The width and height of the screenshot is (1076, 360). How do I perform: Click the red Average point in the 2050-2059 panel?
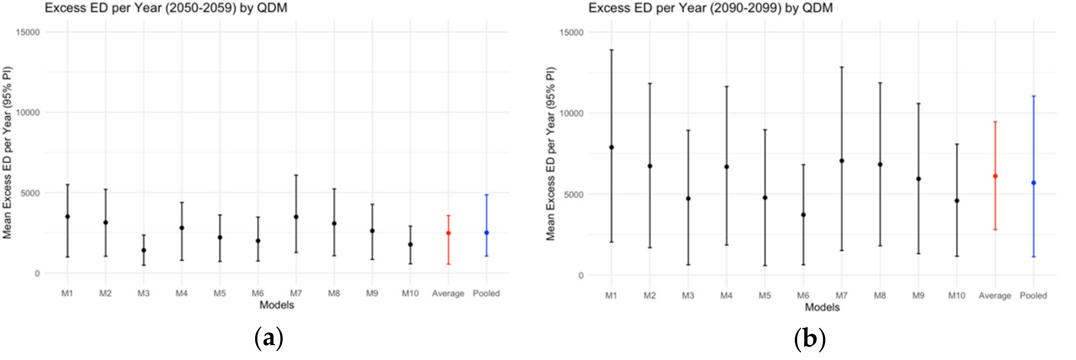click(x=448, y=233)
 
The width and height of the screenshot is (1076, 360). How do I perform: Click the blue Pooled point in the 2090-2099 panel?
click(x=1033, y=183)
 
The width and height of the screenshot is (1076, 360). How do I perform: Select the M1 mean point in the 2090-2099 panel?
click(x=611, y=147)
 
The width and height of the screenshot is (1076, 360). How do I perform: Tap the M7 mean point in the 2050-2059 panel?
click(x=296, y=217)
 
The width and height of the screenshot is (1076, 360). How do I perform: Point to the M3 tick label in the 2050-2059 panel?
click(x=143, y=294)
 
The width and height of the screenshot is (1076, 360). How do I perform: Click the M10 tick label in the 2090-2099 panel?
click(x=956, y=296)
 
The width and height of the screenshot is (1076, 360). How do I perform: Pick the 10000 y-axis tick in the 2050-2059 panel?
click(x=28, y=112)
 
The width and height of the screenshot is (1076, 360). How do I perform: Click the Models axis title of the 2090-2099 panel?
click(x=822, y=307)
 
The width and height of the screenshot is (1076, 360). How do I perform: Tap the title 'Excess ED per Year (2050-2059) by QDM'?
click(x=166, y=8)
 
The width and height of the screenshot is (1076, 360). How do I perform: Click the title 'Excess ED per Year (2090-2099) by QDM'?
click(x=710, y=8)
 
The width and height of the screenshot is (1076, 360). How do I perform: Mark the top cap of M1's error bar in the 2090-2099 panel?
click(x=611, y=50)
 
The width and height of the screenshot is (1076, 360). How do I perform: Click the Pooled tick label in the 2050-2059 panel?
click(x=486, y=294)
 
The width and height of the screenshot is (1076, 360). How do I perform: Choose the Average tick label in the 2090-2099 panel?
click(x=995, y=296)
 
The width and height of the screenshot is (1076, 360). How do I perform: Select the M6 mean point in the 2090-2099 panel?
click(x=803, y=215)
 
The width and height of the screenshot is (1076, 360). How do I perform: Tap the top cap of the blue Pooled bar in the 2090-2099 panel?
click(x=1033, y=96)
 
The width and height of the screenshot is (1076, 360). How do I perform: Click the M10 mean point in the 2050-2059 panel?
click(x=410, y=244)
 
